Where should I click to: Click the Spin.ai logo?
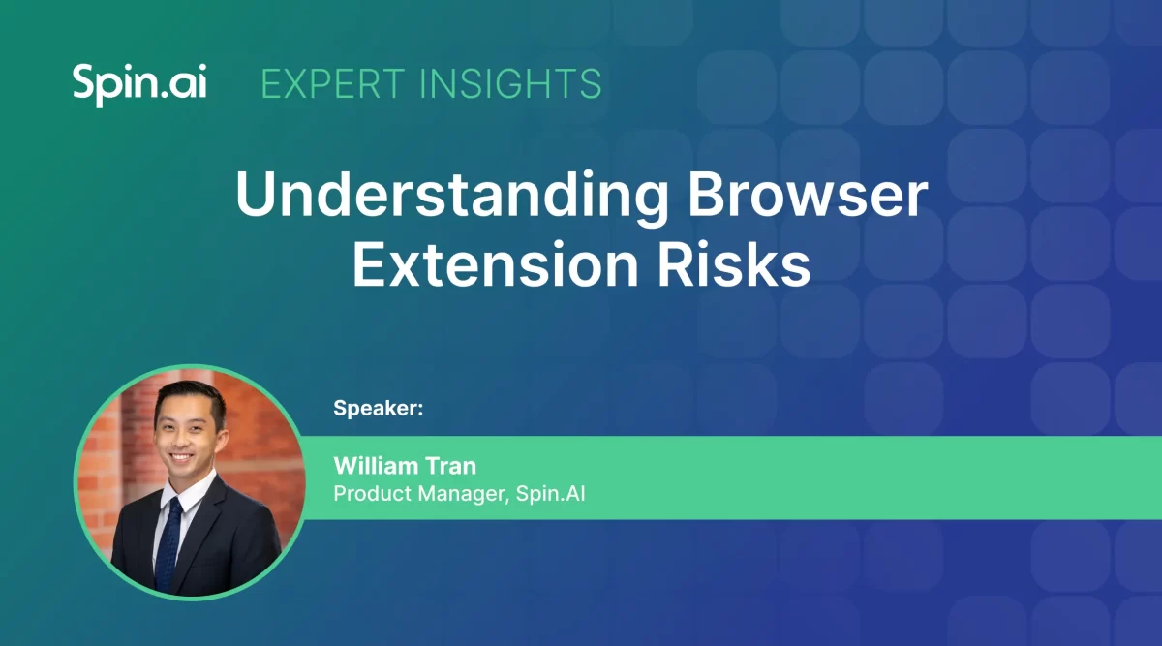pyautogui.click(x=138, y=85)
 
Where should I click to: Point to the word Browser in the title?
pyautogui.click(x=808, y=197)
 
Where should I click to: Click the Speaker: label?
pyautogui.click(x=379, y=408)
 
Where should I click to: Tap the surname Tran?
pyautogui.click(x=450, y=466)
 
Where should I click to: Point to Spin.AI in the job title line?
pyautogui.click(x=550, y=494)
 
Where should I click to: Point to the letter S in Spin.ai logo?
pyautogui.click(x=84, y=84)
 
